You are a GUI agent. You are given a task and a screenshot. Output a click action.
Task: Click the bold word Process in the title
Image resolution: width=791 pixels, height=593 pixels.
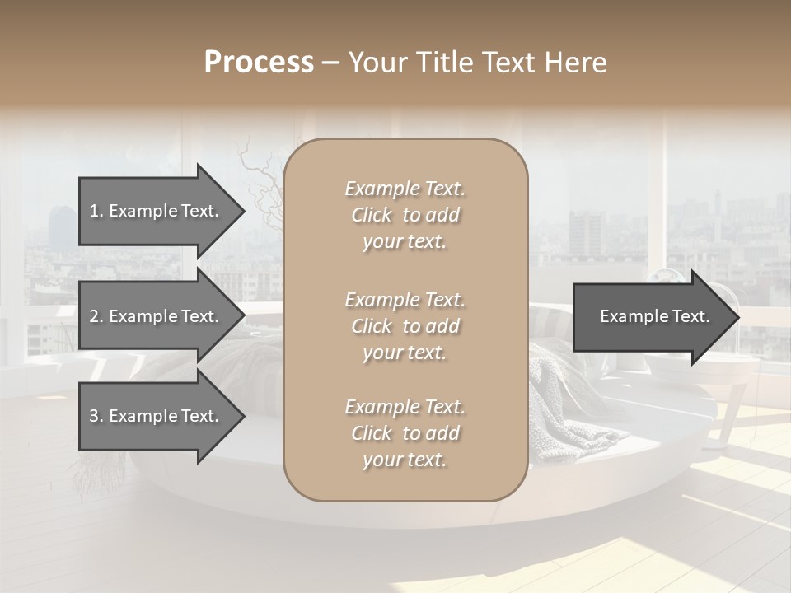259,63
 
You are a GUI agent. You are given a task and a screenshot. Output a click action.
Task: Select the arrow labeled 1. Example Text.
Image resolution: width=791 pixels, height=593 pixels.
157,211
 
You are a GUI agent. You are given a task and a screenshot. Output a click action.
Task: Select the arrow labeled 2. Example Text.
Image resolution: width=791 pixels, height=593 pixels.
157,316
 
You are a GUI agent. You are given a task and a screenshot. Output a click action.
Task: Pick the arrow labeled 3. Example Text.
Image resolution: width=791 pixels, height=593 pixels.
157,416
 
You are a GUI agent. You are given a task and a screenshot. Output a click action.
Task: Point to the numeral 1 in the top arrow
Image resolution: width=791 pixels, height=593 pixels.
93,211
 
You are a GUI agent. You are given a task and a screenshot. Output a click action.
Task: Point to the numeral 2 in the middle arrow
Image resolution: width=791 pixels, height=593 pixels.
94,316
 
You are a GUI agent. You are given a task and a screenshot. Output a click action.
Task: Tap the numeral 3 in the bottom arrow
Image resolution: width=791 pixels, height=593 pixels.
94,416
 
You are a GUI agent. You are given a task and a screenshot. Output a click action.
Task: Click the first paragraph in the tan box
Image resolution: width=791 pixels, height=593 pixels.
405,215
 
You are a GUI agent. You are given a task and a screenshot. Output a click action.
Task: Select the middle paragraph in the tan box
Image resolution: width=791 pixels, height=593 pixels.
405,325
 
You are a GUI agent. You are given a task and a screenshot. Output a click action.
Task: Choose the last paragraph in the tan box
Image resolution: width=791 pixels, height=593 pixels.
405,432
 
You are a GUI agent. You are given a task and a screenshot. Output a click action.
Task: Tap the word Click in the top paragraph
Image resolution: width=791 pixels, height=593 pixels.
372,215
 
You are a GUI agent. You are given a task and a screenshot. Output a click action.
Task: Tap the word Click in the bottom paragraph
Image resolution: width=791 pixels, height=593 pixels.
372,432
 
